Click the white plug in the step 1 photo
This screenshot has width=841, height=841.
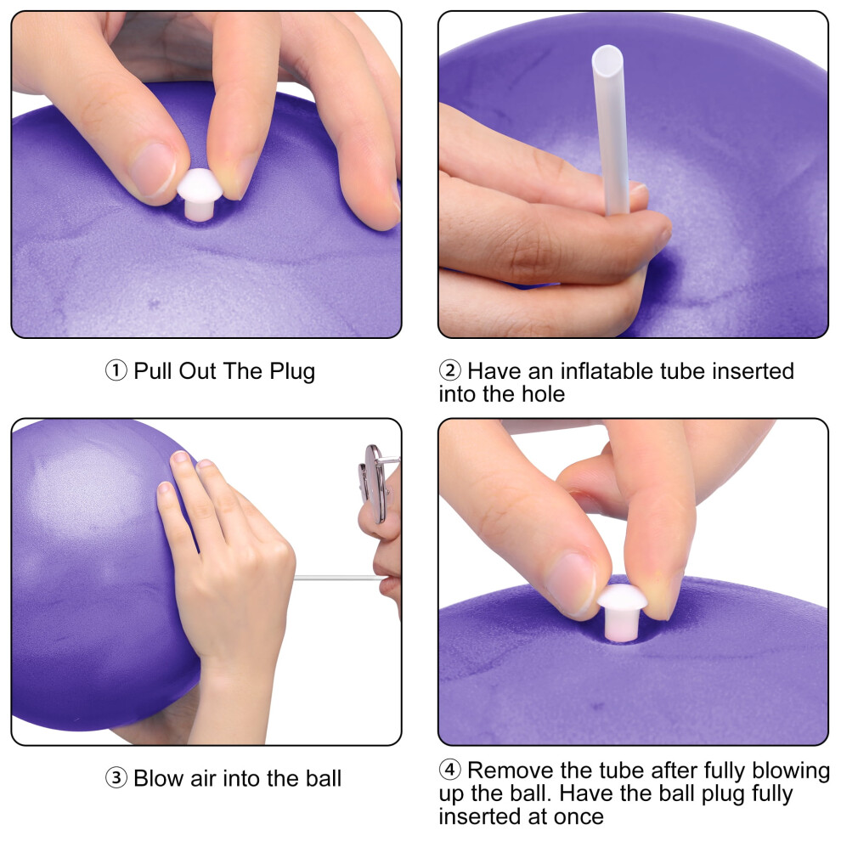coord(200,195)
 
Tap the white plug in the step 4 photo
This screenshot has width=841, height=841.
coord(622,612)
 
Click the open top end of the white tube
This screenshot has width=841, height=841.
coord(607,57)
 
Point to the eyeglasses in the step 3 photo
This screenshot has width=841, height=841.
coord(377,483)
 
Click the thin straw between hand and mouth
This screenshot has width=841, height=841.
coord(338,578)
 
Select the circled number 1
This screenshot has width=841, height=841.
coord(116,370)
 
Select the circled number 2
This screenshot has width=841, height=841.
coord(450,370)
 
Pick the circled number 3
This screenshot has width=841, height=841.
coord(116,777)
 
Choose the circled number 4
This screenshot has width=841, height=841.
coord(450,770)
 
